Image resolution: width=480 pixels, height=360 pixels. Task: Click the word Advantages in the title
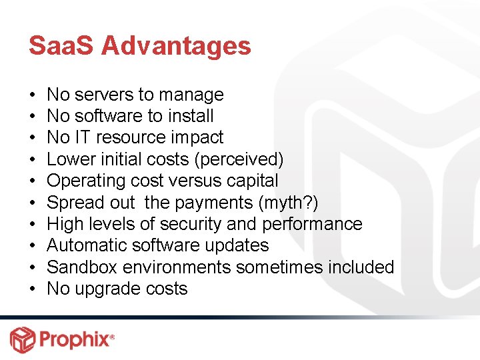pos(177,46)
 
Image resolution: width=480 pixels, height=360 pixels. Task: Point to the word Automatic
pos(89,246)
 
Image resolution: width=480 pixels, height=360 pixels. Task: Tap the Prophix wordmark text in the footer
pos(74,339)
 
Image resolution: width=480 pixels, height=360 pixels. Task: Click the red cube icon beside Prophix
pos(21,339)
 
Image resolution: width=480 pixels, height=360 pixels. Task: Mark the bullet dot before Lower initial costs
pos(33,160)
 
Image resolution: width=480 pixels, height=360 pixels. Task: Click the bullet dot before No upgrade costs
pos(33,289)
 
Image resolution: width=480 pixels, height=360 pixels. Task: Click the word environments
pos(179,267)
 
